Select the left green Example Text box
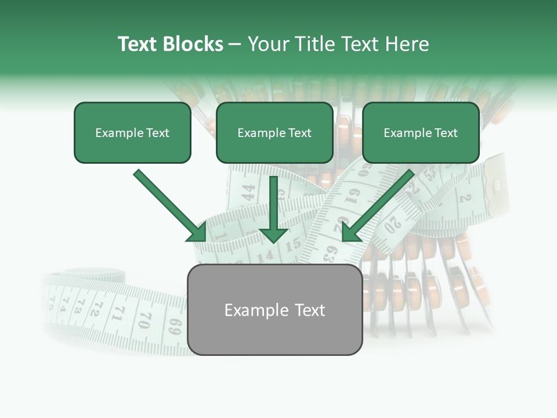click(132, 133)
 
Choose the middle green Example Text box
click(274, 133)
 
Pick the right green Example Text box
click(421, 133)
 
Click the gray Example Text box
click(274, 310)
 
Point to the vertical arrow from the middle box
click(273, 209)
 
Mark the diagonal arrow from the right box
click(378, 205)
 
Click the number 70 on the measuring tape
click(146, 318)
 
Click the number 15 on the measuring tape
click(294, 244)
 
